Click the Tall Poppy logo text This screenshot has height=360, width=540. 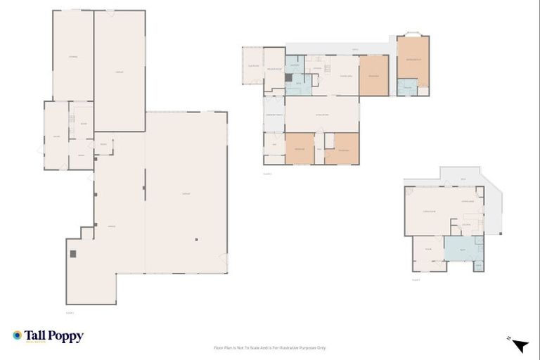(x=54, y=336)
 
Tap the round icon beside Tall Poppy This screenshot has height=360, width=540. (x=18, y=336)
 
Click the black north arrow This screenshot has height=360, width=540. (x=520, y=345)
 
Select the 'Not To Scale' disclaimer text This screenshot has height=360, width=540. (x=270, y=347)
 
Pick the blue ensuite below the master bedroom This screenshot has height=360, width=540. (x=406, y=86)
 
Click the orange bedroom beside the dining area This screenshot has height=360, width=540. (x=373, y=75)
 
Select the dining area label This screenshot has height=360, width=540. (x=346, y=75)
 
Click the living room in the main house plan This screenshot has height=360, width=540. (x=322, y=114)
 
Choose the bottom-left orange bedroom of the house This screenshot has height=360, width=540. (x=299, y=148)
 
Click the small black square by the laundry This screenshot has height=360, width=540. (x=288, y=77)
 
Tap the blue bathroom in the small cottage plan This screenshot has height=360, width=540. (x=461, y=249)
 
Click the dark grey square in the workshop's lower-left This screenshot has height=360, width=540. (x=72, y=253)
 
